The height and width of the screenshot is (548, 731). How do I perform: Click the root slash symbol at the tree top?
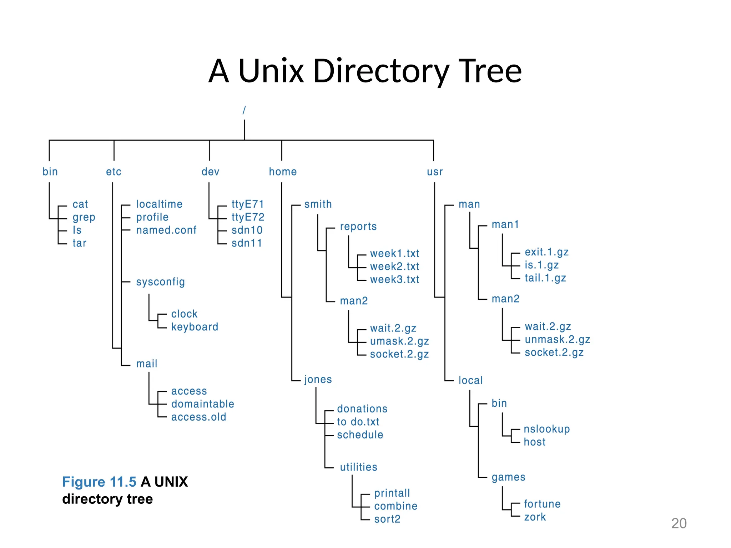coord(244,110)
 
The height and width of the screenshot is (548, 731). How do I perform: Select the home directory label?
coord(283,172)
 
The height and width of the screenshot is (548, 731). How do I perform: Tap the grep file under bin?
coord(84,217)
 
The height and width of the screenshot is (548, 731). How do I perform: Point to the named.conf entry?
coord(166,230)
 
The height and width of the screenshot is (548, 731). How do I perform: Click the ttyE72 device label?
coord(248,217)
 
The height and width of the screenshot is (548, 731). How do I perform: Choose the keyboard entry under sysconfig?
coord(195,327)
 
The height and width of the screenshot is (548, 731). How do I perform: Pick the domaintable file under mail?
coord(202,404)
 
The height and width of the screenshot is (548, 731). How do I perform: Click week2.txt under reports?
coord(394,267)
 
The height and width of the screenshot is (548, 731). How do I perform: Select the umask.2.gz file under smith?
coord(399,341)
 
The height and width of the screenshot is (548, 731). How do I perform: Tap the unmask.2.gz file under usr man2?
coord(557,339)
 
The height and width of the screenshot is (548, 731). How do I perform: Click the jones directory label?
coord(318,379)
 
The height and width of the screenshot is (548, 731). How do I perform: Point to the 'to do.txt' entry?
coord(358,422)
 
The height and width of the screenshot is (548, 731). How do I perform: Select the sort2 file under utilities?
coord(387,519)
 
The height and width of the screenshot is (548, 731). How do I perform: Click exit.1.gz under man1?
coord(546,252)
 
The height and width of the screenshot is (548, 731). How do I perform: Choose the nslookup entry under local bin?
coord(546,429)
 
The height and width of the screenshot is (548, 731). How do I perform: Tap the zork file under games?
coord(535,517)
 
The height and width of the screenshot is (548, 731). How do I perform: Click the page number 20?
coord(679,523)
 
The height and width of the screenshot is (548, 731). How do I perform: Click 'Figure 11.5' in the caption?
coord(99,482)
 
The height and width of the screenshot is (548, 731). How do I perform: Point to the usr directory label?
coord(434,172)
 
